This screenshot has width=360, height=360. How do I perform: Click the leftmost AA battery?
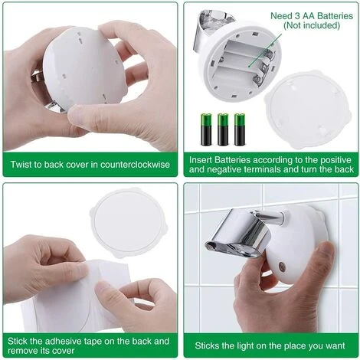click(206, 129)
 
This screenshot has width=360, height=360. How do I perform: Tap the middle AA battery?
click(223, 129)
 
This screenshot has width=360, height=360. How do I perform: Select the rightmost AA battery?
click(240, 129)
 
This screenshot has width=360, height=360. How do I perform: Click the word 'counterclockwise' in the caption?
click(135, 165)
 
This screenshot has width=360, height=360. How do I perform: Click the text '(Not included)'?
click(312, 25)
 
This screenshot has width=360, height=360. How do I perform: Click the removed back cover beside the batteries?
click(308, 110)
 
